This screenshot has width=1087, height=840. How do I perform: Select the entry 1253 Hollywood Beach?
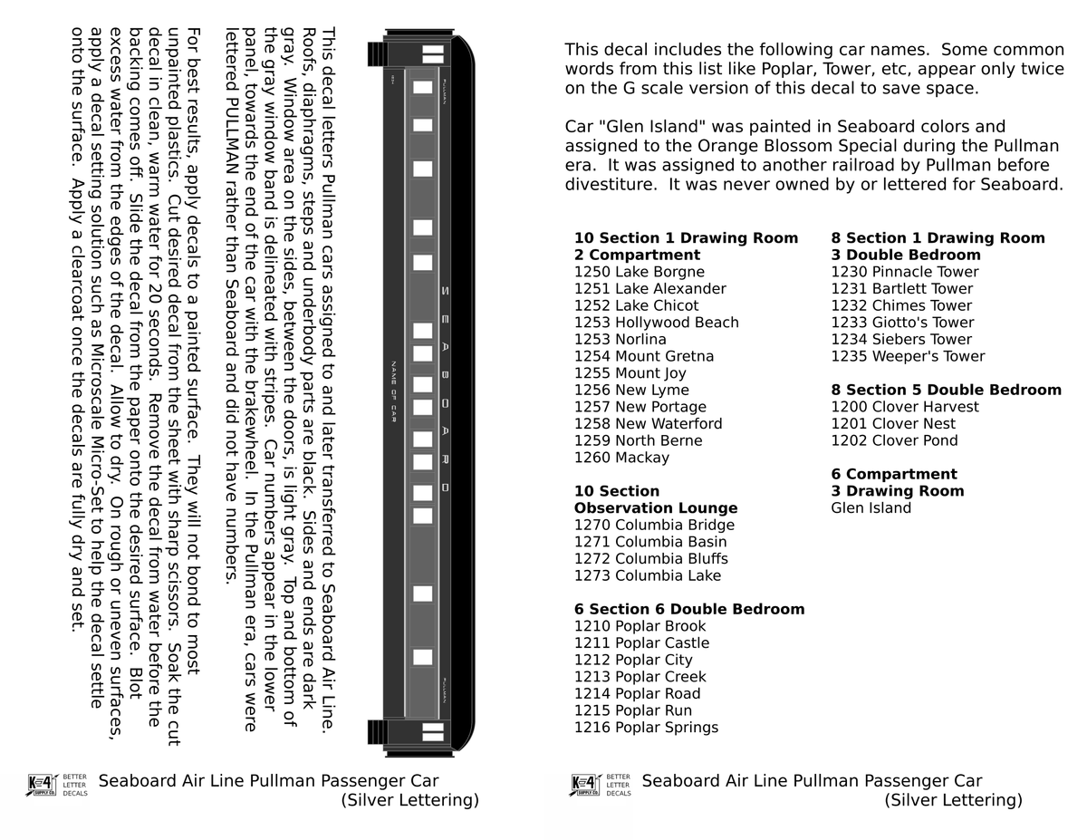click(x=656, y=323)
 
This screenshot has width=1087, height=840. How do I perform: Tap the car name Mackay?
click(x=641, y=458)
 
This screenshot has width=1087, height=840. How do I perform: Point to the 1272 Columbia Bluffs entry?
click(x=650, y=559)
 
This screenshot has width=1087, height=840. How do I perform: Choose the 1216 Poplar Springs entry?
click(x=646, y=728)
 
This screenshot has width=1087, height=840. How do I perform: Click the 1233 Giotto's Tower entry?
click(x=902, y=323)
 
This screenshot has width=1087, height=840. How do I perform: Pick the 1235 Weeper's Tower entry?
click(x=908, y=356)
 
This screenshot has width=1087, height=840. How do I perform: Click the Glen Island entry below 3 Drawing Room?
click(x=871, y=508)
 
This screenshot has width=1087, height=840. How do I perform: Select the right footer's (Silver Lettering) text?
click(x=953, y=800)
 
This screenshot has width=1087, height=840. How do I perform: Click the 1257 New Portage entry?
click(x=640, y=407)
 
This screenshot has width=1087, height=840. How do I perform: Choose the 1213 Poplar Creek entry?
click(x=640, y=677)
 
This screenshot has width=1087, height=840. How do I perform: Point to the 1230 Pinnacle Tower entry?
click(x=904, y=272)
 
